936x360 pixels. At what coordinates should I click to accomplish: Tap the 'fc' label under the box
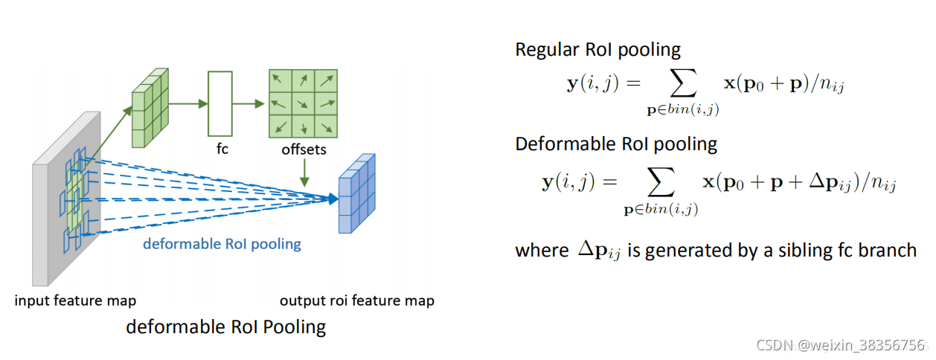click(x=222, y=149)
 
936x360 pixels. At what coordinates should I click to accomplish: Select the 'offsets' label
click(x=304, y=150)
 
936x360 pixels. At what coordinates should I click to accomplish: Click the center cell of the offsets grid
click(x=304, y=103)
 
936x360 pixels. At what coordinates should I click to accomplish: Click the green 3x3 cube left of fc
click(x=151, y=108)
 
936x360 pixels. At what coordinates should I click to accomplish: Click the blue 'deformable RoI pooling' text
click(x=222, y=244)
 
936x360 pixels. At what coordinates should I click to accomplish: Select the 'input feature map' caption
click(x=75, y=300)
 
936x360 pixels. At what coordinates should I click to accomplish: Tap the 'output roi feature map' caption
click(x=356, y=300)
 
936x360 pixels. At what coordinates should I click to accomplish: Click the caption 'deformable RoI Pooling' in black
click(x=225, y=327)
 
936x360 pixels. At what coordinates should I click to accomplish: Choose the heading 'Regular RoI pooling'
click(x=597, y=50)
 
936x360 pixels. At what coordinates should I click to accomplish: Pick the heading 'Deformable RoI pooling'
click(x=616, y=144)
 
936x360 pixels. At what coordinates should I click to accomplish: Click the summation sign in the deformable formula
click(x=660, y=183)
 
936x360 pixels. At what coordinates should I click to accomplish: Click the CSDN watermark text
click(x=841, y=345)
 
